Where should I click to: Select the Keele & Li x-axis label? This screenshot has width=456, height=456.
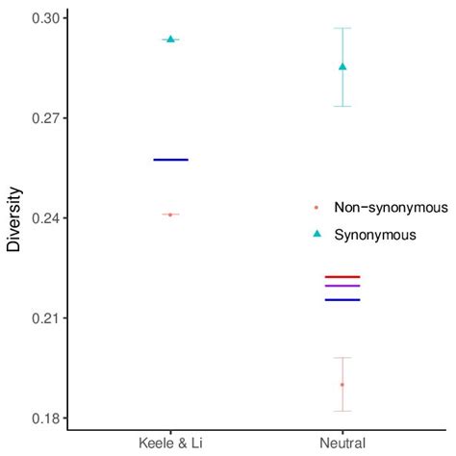[170, 442]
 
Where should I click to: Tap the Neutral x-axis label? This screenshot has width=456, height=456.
[342, 442]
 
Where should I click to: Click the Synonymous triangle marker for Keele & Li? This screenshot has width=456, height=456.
[170, 39]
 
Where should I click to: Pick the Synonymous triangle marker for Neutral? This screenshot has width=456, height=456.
[342, 66]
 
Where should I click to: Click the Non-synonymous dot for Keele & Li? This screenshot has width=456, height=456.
[170, 215]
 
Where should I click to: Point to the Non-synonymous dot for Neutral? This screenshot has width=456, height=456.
[342, 385]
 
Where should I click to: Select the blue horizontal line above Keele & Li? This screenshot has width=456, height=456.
[170, 159]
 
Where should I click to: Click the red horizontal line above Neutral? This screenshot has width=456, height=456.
[342, 276]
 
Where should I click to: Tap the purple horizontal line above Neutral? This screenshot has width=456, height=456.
[342, 286]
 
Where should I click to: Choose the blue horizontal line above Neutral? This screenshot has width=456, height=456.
[342, 300]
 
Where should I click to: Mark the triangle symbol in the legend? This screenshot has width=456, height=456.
[317, 234]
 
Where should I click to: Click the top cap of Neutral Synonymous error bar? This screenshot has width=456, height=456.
[342, 28]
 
